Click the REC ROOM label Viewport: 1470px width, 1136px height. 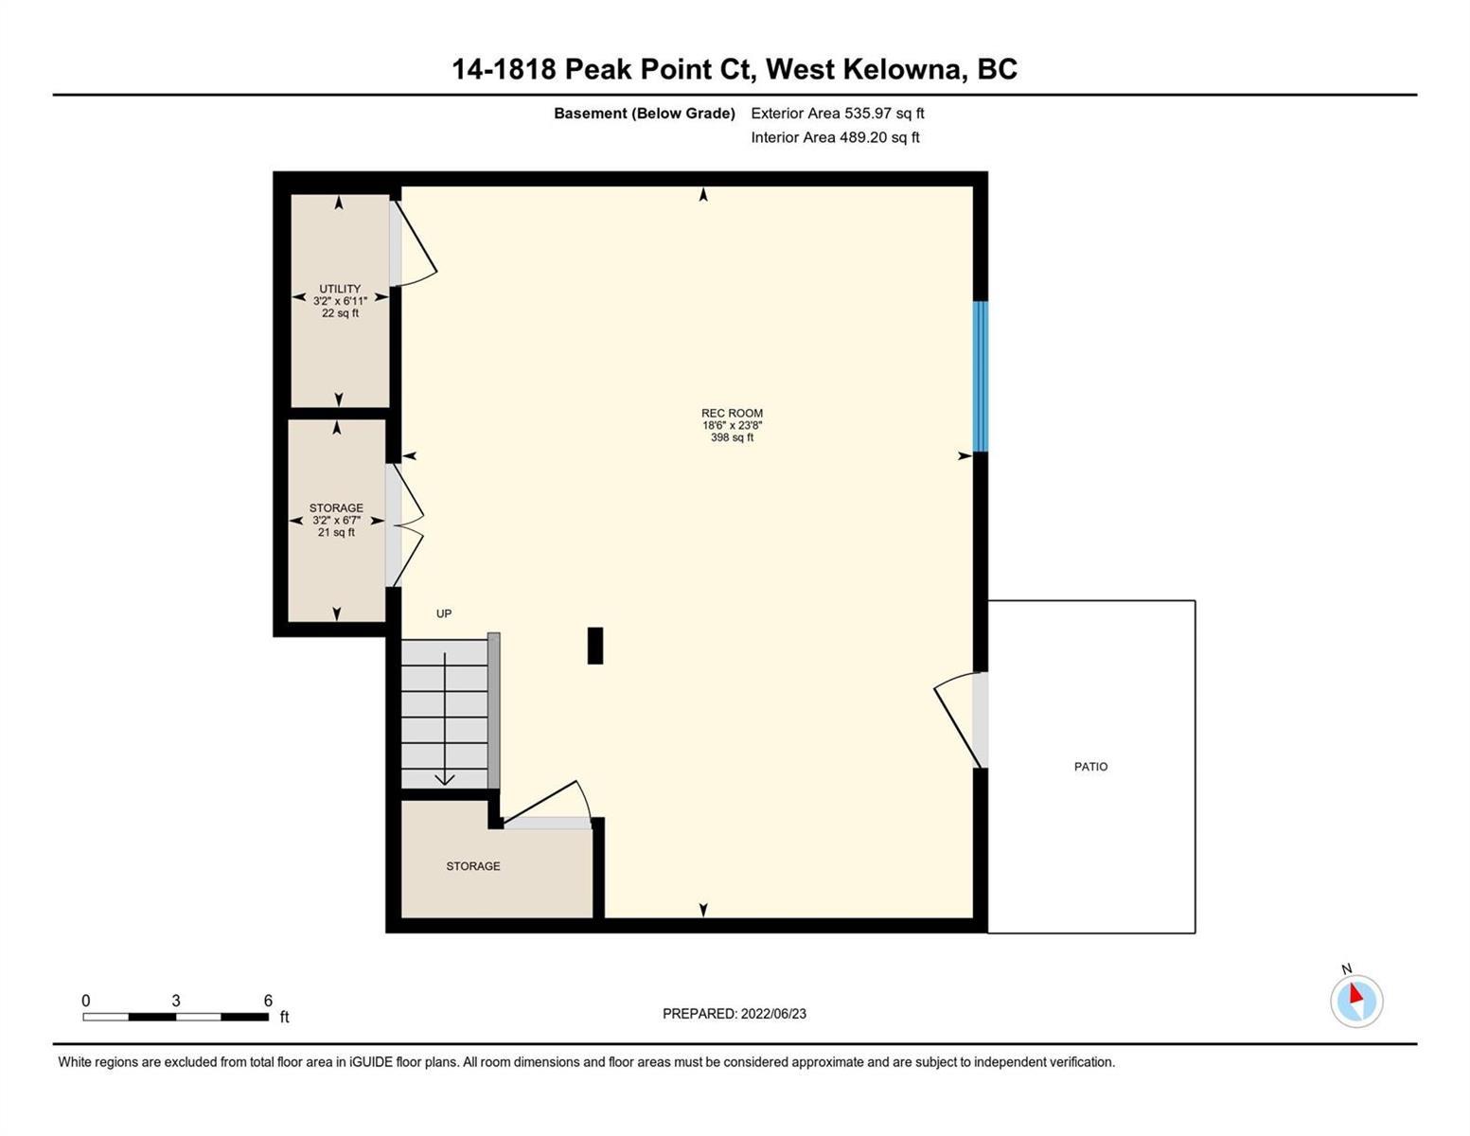click(732, 413)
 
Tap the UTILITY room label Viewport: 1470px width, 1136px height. click(340, 288)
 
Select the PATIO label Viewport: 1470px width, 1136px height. click(1090, 767)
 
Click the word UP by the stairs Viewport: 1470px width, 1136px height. click(444, 613)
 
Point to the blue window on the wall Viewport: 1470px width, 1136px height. click(981, 376)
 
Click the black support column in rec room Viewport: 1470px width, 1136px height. click(594, 646)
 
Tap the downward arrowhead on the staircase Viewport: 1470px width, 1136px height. click(444, 779)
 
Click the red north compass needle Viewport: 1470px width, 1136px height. click(1355, 993)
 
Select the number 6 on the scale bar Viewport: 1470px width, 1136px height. click(268, 1000)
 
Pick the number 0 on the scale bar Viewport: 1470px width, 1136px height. click(86, 1000)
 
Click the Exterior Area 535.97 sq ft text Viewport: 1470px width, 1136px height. click(838, 113)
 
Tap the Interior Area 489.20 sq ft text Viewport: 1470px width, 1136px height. click(836, 137)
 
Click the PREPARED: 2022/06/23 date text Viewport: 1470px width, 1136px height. click(734, 1014)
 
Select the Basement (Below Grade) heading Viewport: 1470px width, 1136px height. click(644, 113)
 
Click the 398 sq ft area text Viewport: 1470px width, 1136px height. click(732, 437)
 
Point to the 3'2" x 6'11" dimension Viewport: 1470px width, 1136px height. click(340, 300)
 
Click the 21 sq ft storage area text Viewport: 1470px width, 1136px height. click(336, 532)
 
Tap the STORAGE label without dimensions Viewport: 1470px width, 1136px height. click(473, 866)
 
